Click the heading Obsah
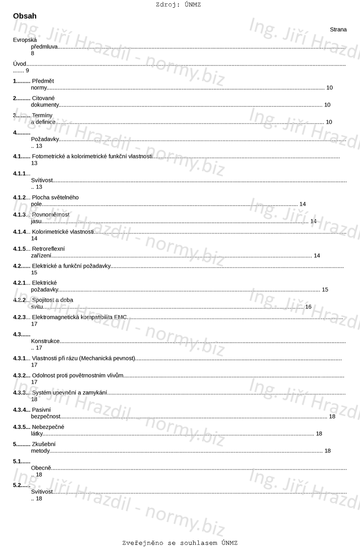(x=25, y=16)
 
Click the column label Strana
(x=338, y=30)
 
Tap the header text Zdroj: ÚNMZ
(x=178, y=5)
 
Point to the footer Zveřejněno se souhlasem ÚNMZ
(x=180, y=543)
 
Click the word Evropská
(x=25, y=40)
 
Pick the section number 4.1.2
(x=19, y=197)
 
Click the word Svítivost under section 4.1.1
(x=42, y=180)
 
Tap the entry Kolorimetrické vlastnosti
(x=63, y=232)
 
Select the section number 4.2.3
(x=19, y=317)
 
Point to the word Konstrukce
(x=45, y=341)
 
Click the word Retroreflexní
(x=48, y=249)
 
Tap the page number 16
(x=308, y=307)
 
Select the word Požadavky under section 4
(x=45, y=139)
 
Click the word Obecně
(x=41, y=468)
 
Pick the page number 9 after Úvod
(x=27, y=70)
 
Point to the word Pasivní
(x=41, y=409)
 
